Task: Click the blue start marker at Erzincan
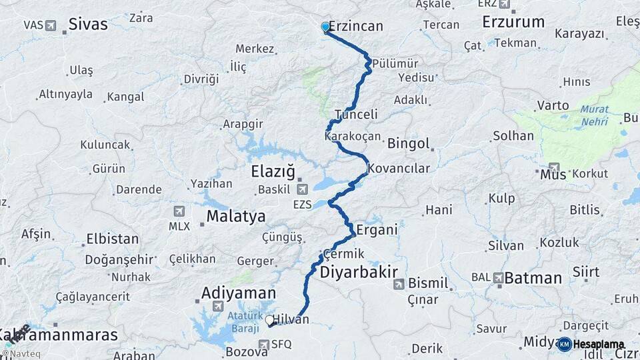pyautogui.click(x=325, y=27)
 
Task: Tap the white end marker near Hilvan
pyautogui.click(x=270, y=321)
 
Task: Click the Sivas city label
pyautogui.click(x=87, y=25)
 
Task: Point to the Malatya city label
pyautogui.click(x=235, y=216)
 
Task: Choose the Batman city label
pyautogui.click(x=533, y=278)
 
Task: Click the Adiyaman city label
pyautogui.click(x=238, y=293)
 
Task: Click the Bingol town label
pyautogui.click(x=408, y=143)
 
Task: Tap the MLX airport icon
pyautogui.click(x=179, y=211)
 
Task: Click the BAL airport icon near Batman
pyautogui.click(x=498, y=277)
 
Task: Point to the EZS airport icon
pyautogui.click(x=302, y=190)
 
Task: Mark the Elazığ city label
pyautogui.click(x=273, y=171)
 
